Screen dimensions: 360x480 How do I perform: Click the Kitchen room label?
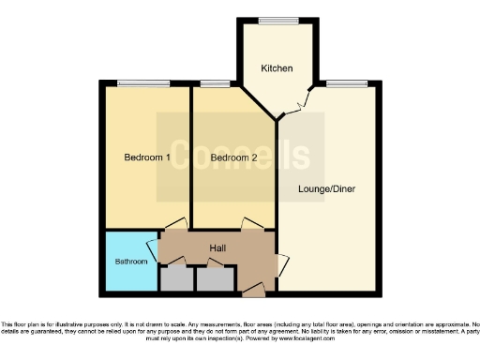tap(277, 68)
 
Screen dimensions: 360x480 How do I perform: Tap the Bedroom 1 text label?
tap(147, 157)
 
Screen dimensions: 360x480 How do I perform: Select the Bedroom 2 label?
tap(233, 157)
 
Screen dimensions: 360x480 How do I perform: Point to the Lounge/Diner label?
tap(326, 188)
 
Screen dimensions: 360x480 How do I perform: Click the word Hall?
tap(217, 247)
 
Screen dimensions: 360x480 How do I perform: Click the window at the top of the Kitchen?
tap(274, 21)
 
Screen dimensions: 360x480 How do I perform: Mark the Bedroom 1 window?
tap(143, 84)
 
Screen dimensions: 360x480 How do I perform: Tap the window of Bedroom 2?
tap(215, 84)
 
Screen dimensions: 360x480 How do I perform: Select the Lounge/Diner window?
tap(347, 84)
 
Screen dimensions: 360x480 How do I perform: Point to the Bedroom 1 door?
tap(174, 226)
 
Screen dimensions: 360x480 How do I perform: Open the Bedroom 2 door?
tap(249, 224)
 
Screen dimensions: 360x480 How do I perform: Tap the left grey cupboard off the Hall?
tap(175, 277)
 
